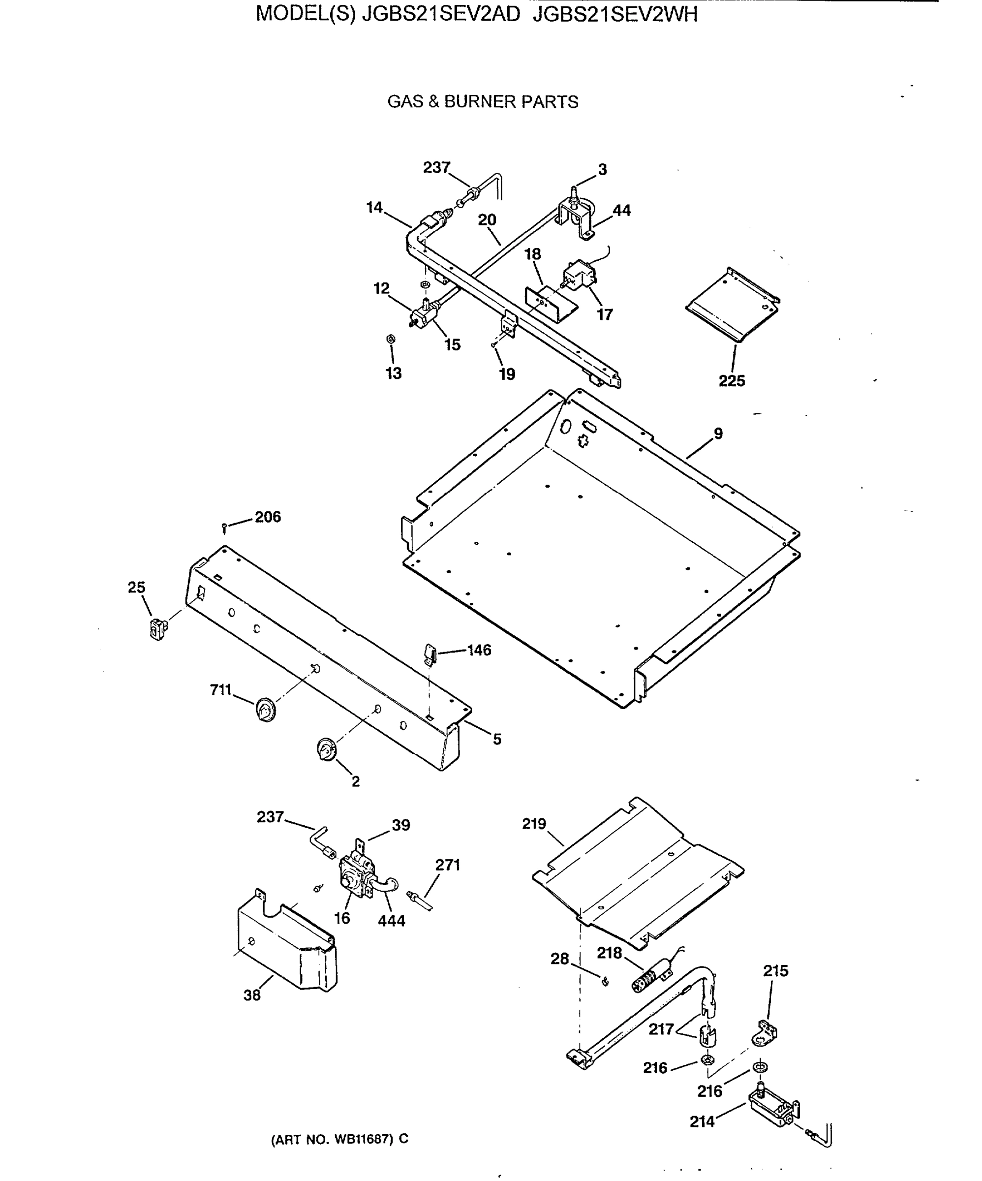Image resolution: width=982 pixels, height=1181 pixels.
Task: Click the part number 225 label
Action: pos(731,381)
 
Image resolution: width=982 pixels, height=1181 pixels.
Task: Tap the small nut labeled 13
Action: pos(390,339)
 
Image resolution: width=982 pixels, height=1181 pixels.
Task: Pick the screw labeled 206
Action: pos(224,527)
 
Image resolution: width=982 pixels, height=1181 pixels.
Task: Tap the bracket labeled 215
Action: pos(766,1032)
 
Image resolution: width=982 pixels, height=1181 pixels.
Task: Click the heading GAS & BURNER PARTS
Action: pos(483,102)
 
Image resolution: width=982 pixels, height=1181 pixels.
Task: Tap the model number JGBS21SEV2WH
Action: pos(615,14)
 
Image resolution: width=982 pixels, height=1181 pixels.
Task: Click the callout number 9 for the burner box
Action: pos(718,434)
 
